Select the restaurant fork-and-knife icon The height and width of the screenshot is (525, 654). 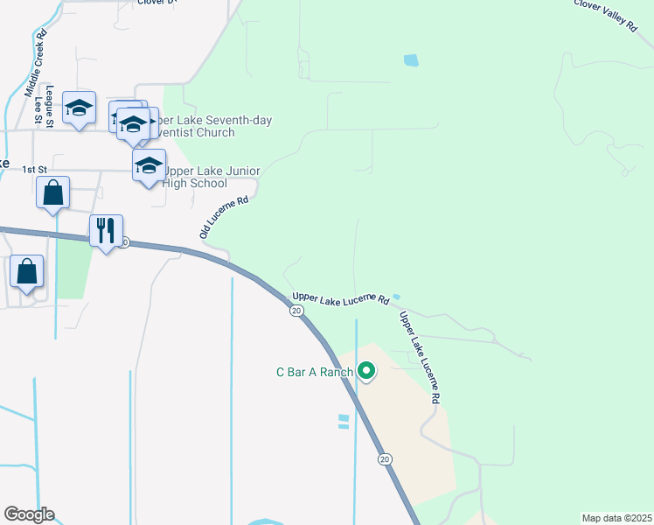pyautogui.click(x=106, y=232)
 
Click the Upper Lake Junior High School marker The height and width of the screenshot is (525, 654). pyautogui.click(x=149, y=164)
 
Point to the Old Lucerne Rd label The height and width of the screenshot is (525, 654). pyautogui.click(x=225, y=217)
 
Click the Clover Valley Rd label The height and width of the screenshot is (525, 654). pyautogui.click(x=604, y=16)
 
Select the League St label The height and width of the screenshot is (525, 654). pyautogui.click(x=51, y=107)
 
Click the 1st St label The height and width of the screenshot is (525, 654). pyautogui.click(x=34, y=169)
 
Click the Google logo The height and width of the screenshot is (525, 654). pyautogui.click(x=29, y=514)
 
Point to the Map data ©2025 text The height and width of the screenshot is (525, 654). pyautogui.click(x=616, y=518)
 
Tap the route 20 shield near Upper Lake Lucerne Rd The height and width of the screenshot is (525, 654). pyautogui.click(x=297, y=311)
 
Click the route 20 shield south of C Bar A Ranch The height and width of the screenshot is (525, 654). pyautogui.click(x=385, y=458)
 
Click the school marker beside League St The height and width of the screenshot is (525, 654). pyautogui.click(x=80, y=108)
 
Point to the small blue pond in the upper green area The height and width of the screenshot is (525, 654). pyautogui.click(x=410, y=60)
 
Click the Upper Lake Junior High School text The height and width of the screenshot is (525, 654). pyautogui.click(x=197, y=177)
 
